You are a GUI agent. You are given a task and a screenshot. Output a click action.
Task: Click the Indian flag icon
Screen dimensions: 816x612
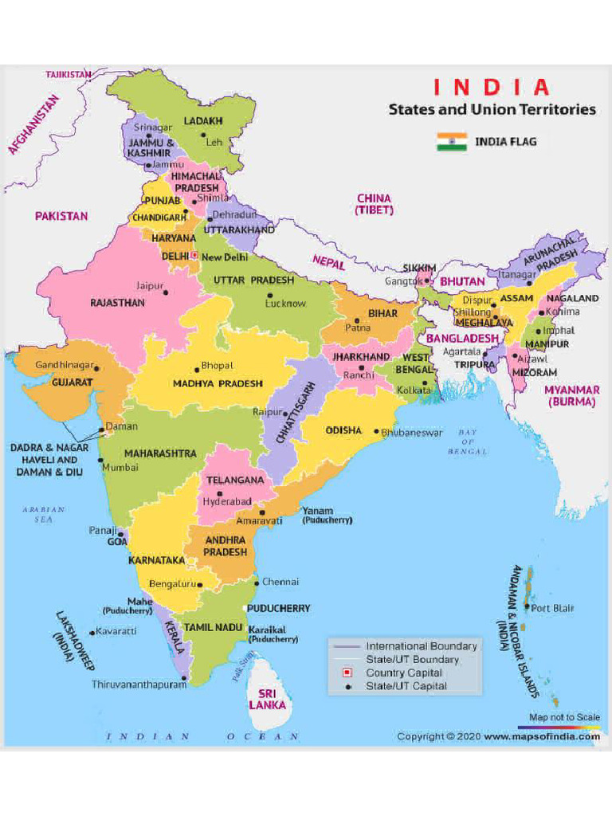pos(451,142)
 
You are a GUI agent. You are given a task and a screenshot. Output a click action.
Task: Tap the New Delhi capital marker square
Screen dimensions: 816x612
pos(194,257)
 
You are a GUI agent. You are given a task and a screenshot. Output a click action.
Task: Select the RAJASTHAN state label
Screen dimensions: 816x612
pos(117,304)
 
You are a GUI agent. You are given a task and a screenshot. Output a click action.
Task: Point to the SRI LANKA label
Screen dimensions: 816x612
pos(267,700)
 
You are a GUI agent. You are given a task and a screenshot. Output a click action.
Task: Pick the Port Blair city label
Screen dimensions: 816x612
pos(552,609)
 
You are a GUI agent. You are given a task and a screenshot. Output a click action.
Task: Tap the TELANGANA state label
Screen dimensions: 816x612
pos(235,481)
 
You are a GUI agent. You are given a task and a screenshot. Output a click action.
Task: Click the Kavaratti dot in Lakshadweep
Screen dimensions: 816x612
pos(92,633)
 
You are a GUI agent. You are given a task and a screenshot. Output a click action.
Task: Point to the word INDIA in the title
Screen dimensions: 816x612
pos(491,87)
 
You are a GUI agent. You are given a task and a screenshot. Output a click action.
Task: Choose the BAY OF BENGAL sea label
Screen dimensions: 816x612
pos(467,442)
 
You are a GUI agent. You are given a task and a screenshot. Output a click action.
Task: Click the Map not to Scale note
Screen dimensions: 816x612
pos(564,717)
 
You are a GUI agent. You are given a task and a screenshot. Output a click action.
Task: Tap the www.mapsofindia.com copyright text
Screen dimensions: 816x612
pos(542,737)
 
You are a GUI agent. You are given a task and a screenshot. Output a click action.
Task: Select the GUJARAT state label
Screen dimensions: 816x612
pos(73,382)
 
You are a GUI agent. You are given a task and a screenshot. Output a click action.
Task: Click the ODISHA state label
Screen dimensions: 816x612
pos(343,430)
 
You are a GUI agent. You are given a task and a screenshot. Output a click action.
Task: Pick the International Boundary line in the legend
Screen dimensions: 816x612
pos(347,646)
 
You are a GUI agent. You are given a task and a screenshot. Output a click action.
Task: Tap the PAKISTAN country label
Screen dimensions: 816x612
pos(61,216)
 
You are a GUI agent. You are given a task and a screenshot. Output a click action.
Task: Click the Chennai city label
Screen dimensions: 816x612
pos(280,582)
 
